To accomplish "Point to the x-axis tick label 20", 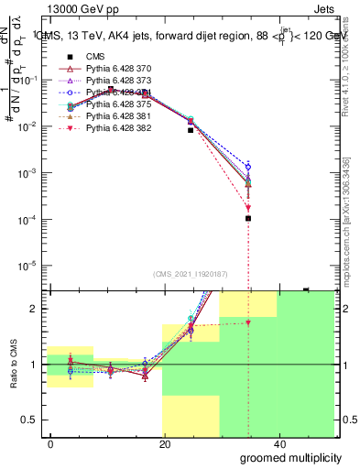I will tap(163, 443).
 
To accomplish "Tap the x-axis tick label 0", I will tap(51, 443).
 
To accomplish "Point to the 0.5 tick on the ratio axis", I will tap(32, 420).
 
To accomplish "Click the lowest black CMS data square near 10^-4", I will tap(248, 218).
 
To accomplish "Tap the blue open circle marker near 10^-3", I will tap(248, 167).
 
